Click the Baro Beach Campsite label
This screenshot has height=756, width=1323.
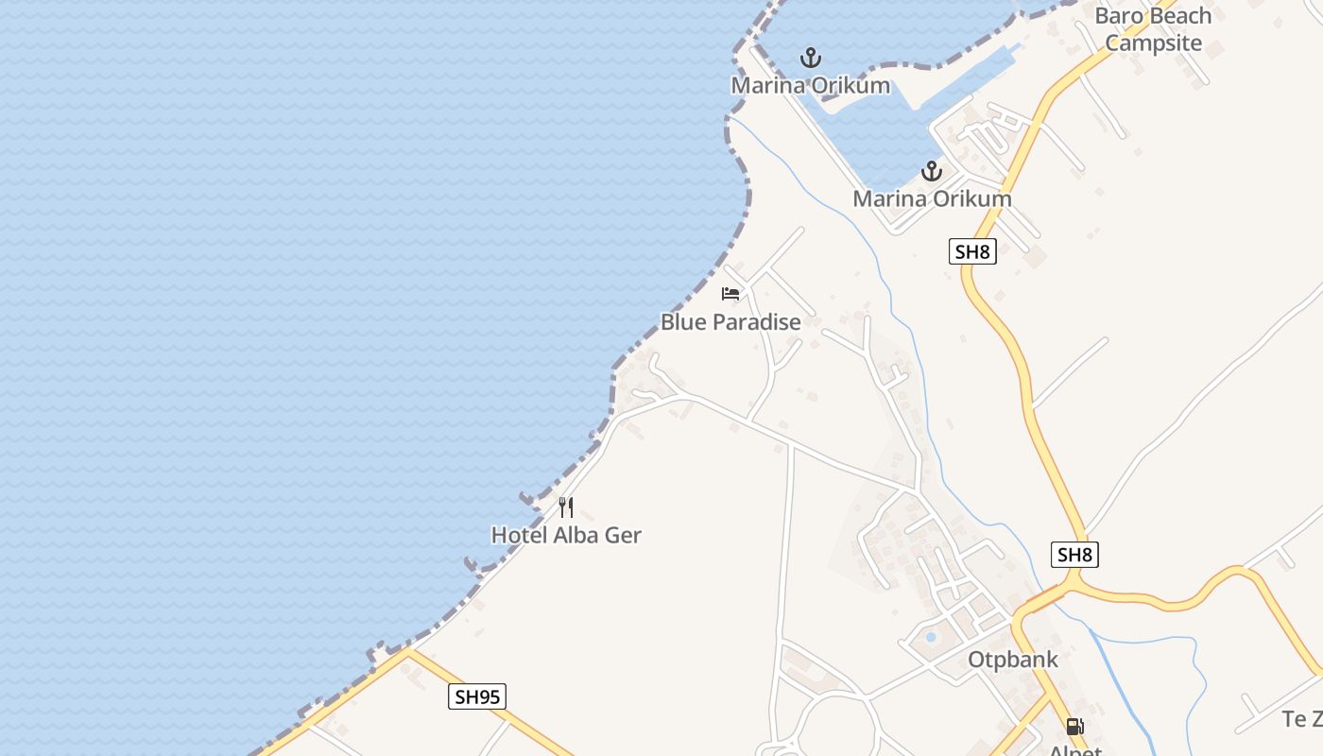(x=1153, y=29)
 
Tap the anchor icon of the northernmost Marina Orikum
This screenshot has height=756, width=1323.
(x=810, y=58)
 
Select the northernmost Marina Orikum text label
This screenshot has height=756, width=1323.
(x=810, y=85)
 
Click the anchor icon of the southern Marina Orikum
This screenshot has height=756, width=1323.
(x=932, y=171)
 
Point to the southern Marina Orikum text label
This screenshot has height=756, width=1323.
(x=932, y=198)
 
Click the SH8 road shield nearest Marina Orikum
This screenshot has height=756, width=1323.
(x=972, y=251)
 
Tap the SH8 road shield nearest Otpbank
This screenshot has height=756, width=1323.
(x=1074, y=555)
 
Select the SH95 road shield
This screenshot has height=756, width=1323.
(x=476, y=697)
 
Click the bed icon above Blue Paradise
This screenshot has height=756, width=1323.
(x=730, y=294)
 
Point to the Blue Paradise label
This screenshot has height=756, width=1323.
(x=730, y=322)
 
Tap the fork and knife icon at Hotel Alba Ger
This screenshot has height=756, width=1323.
(x=565, y=507)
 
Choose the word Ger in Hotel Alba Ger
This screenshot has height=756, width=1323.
(x=622, y=535)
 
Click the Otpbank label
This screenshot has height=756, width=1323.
(x=1013, y=660)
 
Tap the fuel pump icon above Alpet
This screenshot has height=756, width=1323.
(x=1074, y=727)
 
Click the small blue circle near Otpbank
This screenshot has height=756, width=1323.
(x=930, y=637)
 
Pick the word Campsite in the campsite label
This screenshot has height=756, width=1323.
(x=1153, y=43)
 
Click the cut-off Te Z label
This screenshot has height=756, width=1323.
(x=1302, y=719)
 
